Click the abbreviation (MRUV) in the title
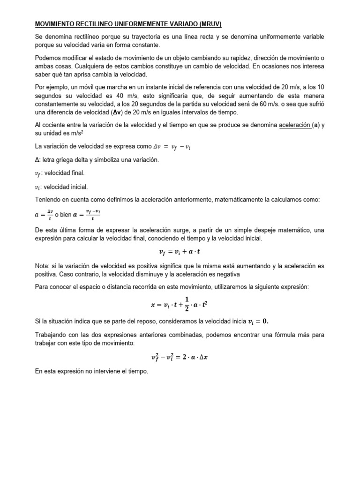(x=212, y=24)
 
